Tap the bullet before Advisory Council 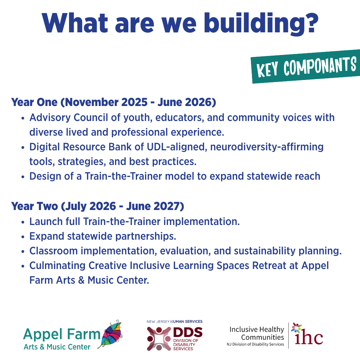coord(23,118)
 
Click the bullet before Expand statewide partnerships coord(23,237)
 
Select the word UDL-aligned coord(177,147)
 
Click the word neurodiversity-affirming coord(267,147)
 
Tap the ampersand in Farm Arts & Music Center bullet coord(81,280)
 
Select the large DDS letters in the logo coord(188,332)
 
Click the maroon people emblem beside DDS coord(159,339)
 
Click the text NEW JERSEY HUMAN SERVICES coord(174,322)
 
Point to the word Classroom coord(53,251)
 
